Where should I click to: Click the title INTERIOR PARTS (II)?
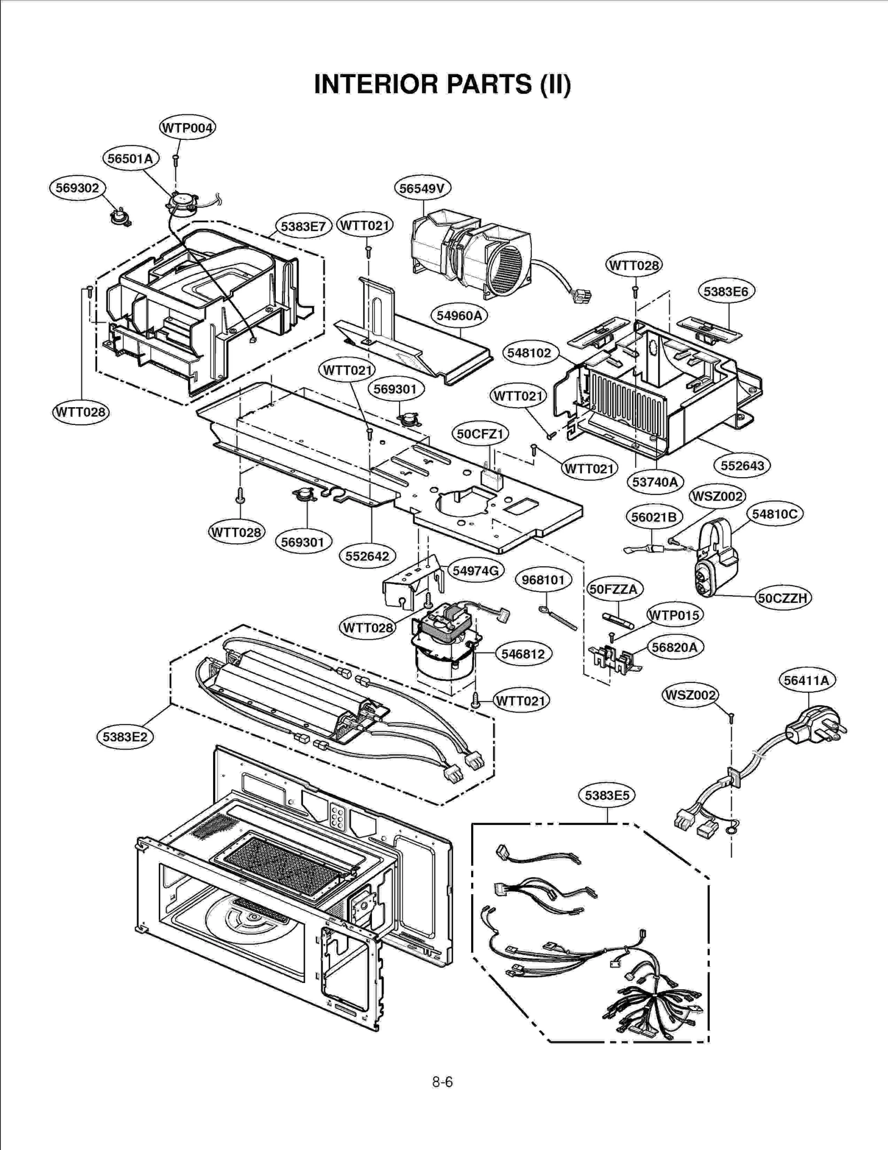[442, 84]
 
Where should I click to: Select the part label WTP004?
[187, 128]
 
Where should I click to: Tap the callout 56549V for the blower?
[422, 189]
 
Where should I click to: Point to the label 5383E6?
[725, 291]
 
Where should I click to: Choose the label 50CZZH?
[783, 598]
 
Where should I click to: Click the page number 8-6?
[442, 1082]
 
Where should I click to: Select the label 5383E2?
[125, 737]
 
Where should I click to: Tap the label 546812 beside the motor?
[523, 654]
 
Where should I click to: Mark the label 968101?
[543, 580]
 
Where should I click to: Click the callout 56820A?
[674, 647]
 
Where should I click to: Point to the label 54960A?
[458, 316]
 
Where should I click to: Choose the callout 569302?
[77, 188]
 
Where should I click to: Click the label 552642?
[367, 556]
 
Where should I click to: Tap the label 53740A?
[655, 482]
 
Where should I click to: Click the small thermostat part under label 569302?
[119, 216]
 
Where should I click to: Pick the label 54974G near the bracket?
[476, 570]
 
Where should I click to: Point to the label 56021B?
[654, 517]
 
